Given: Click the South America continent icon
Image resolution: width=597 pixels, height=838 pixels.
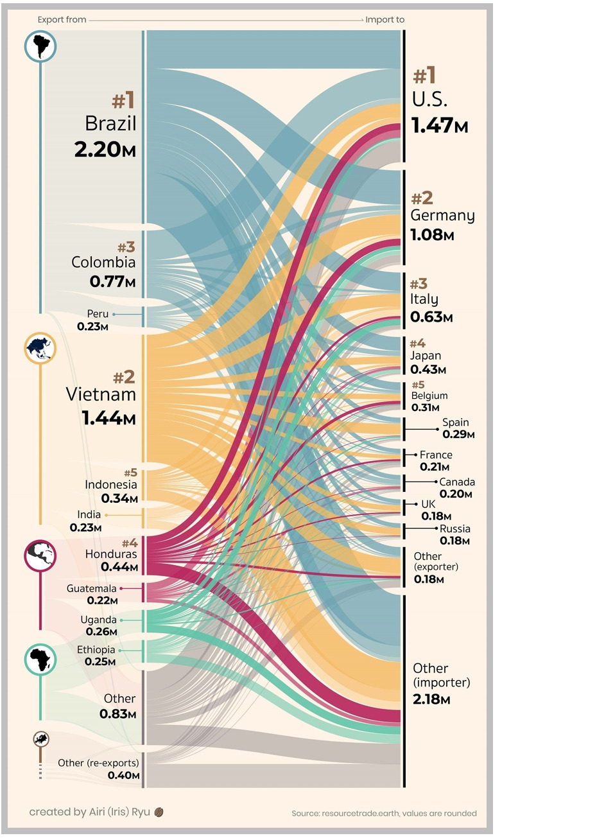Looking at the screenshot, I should pos(40,46).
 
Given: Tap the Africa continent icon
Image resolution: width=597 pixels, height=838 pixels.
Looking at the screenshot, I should pos(40,659).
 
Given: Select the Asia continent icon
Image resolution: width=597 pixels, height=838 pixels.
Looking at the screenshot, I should pos(40,349).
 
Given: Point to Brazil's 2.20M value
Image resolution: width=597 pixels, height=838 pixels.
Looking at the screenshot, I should pos(105,150).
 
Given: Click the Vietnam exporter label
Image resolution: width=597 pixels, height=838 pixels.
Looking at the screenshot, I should pos(101,394).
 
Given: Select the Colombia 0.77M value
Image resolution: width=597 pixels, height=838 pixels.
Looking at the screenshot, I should pos(112,281).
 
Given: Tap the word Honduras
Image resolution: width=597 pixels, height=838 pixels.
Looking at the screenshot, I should pos(111,554).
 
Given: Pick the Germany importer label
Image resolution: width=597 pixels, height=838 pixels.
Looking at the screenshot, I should pos(442,216).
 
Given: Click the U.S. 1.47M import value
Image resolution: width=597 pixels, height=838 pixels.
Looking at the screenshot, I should pos(440,125).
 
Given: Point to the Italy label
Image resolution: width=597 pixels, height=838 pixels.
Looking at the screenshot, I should pos(424,299).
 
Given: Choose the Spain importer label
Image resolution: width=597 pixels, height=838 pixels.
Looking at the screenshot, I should pos(455,423).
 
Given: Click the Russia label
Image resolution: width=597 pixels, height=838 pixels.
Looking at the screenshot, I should pos(454,528).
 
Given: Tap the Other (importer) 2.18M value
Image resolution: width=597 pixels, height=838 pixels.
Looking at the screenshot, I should pos(431,699).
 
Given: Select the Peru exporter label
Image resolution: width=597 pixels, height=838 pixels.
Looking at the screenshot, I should pos(98,314).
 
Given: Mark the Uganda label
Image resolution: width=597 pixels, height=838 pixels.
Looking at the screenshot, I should pos(98,620).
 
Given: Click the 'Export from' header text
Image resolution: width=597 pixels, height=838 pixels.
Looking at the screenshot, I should pos(62,20).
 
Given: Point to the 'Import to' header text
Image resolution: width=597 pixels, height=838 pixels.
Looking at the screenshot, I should pos(385,20).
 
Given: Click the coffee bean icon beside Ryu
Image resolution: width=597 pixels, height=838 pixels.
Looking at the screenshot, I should pos(159,812).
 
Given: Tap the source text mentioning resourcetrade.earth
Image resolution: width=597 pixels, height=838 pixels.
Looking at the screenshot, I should pos(384,814).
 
